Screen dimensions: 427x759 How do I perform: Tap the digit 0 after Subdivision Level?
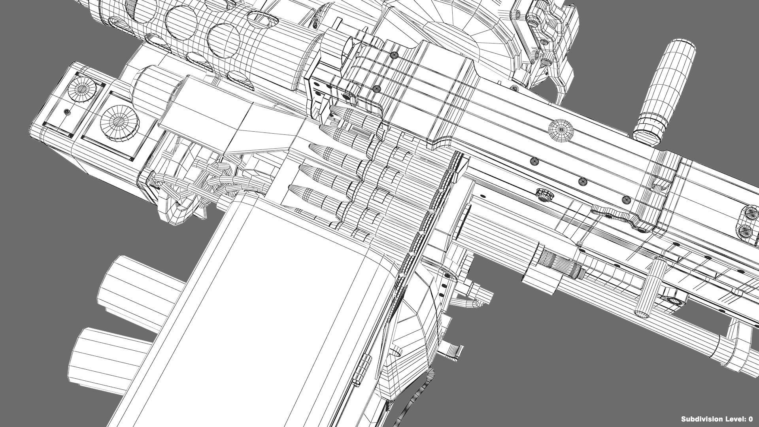tap(750, 419)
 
